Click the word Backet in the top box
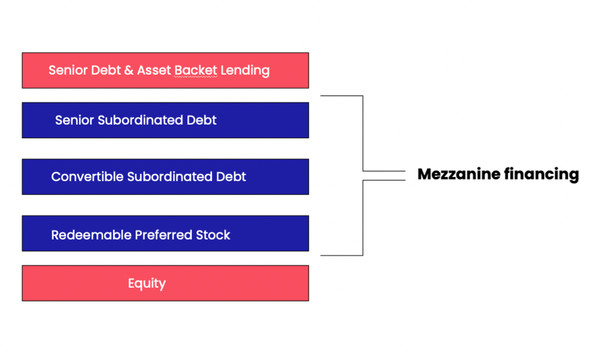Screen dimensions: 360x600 196,71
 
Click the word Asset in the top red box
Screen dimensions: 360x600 153,71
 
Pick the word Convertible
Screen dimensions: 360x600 87,177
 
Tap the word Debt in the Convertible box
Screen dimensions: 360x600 230,177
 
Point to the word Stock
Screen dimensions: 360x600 213,235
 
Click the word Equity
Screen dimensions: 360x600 147,284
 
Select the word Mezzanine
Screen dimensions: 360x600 455,174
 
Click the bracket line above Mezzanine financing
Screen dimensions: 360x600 361,130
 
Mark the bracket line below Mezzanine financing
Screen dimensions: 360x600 361,220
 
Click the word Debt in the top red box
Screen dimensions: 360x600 105,71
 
